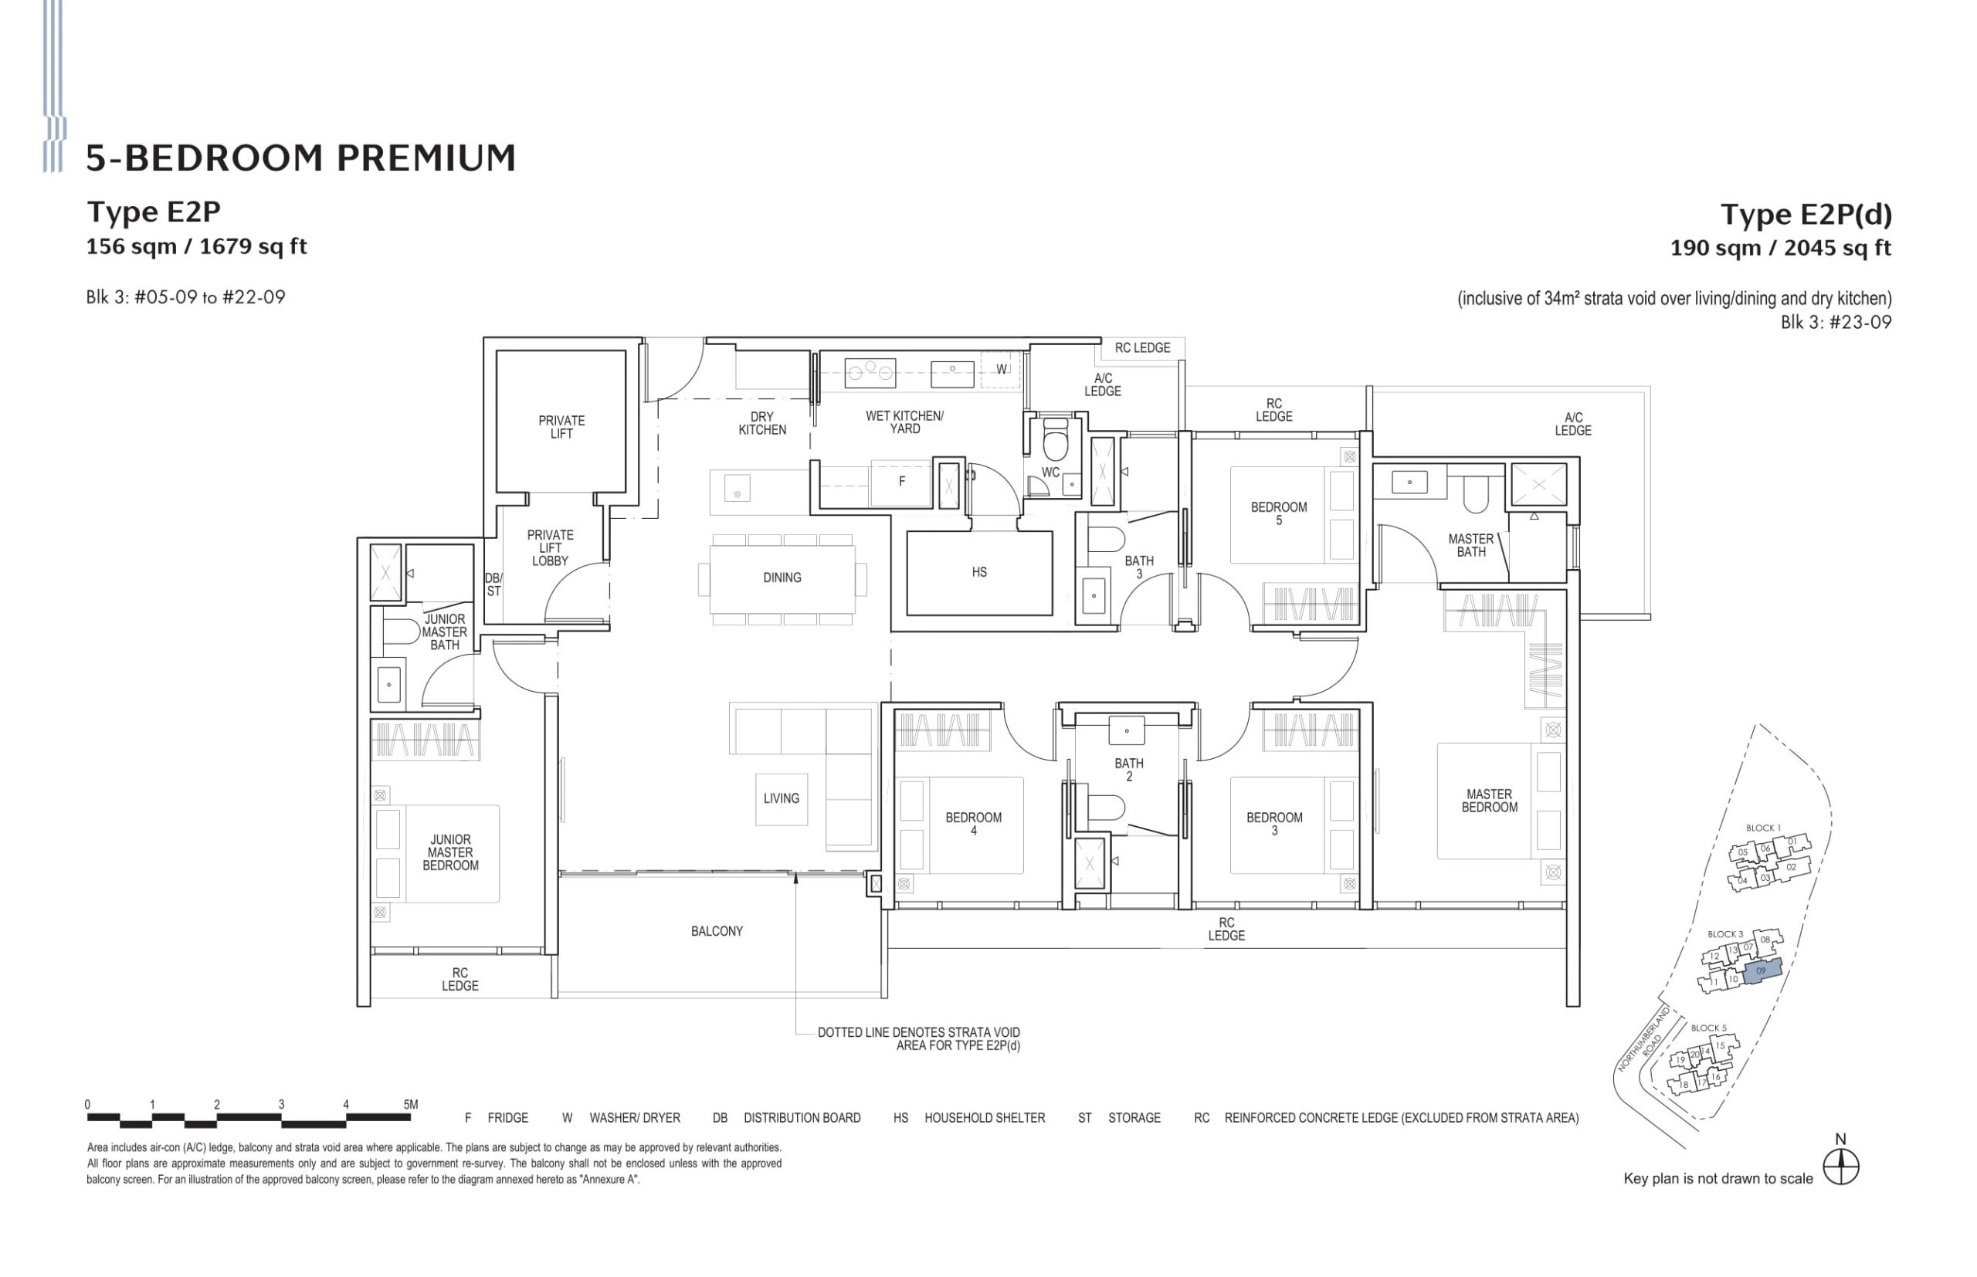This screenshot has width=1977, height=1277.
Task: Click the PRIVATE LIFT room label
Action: [x=561, y=426]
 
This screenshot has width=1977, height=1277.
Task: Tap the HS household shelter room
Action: [x=978, y=572]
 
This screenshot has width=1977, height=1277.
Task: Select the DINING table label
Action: [x=782, y=578]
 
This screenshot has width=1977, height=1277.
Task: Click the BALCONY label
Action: [x=717, y=931]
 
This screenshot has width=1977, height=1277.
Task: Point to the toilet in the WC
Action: [x=1055, y=442]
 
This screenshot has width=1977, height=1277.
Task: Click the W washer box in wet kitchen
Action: [x=1001, y=369]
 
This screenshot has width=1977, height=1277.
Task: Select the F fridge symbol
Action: [x=901, y=481]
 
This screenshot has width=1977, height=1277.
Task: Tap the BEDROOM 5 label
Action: [x=1278, y=513]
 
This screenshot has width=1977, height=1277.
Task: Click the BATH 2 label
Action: [x=1128, y=770]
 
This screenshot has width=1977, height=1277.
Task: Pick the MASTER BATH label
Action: [x=1470, y=545]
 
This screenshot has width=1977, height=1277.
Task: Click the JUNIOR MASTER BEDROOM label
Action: [x=450, y=852]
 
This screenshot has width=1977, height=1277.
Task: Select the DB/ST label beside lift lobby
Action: [x=493, y=584]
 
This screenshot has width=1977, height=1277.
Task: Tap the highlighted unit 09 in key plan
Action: [x=1761, y=971]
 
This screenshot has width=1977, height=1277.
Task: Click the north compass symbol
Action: [x=1841, y=1167]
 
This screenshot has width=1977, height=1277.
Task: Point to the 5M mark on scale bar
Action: [x=409, y=1105]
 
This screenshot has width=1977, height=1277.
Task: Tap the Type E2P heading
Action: [x=154, y=212]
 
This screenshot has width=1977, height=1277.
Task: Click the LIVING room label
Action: [x=782, y=798]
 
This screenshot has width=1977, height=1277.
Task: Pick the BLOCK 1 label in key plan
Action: [x=1762, y=828]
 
